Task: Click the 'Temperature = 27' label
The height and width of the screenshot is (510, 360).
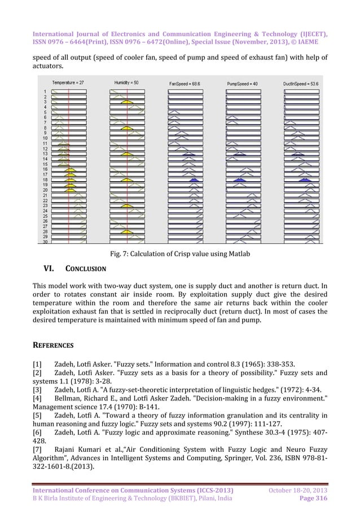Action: click(x=68, y=82)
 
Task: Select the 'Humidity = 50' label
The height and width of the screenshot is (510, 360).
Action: click(x=127, y=82)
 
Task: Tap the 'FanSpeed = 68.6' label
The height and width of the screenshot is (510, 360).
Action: click(x=185, y=83)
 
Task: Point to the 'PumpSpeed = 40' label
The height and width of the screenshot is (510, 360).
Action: click(x=242, y=83)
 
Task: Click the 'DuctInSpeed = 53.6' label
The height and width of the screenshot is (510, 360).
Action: click(x=301, y=83)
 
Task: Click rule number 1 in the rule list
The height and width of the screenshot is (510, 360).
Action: click(x=45, y=91)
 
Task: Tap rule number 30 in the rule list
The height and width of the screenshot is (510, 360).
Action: click(x=45, y=242)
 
